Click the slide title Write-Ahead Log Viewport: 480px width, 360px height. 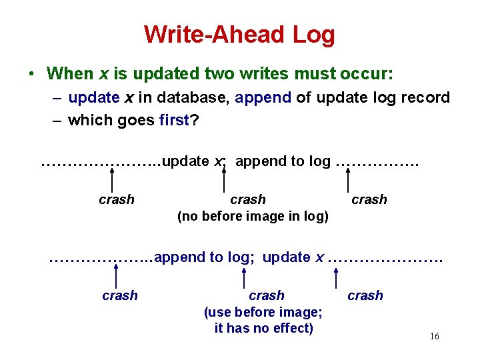(x=239, y=34)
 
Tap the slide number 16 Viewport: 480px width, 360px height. (x=434, y=337)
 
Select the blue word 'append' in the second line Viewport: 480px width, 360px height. (x=263, y=97)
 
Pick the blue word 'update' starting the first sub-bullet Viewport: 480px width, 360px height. (x=93, y=97)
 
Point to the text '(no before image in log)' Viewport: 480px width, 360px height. (x=253, y=217)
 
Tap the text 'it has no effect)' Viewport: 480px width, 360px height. (x=263, y=328)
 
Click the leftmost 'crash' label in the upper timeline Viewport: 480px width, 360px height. (x=116, y=199)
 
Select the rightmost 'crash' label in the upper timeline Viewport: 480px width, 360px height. (x=369, y=199)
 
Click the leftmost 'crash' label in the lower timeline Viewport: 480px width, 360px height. (x=120, y=295)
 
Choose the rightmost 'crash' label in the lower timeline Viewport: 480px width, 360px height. (x=365, y=295)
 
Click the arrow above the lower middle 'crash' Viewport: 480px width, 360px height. (x=245, y=277)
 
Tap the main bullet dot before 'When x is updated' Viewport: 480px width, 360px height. (x=31, y=73)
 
